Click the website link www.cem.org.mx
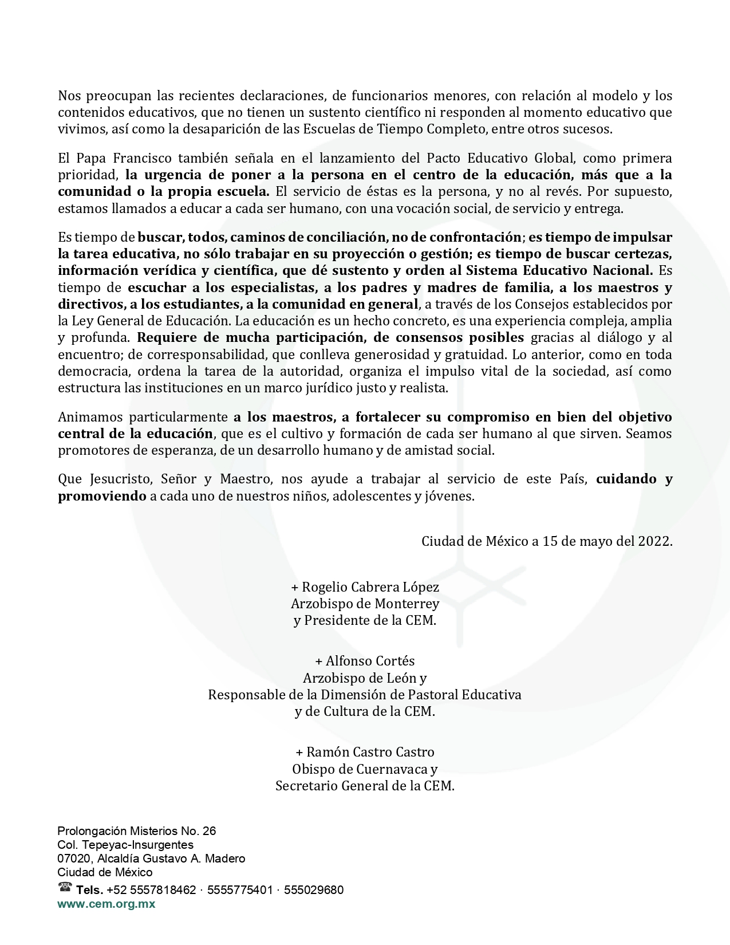(106, 904)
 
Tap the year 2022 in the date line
(655, 541)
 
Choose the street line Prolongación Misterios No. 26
(137, 831)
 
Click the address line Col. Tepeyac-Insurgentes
(125, 845)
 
